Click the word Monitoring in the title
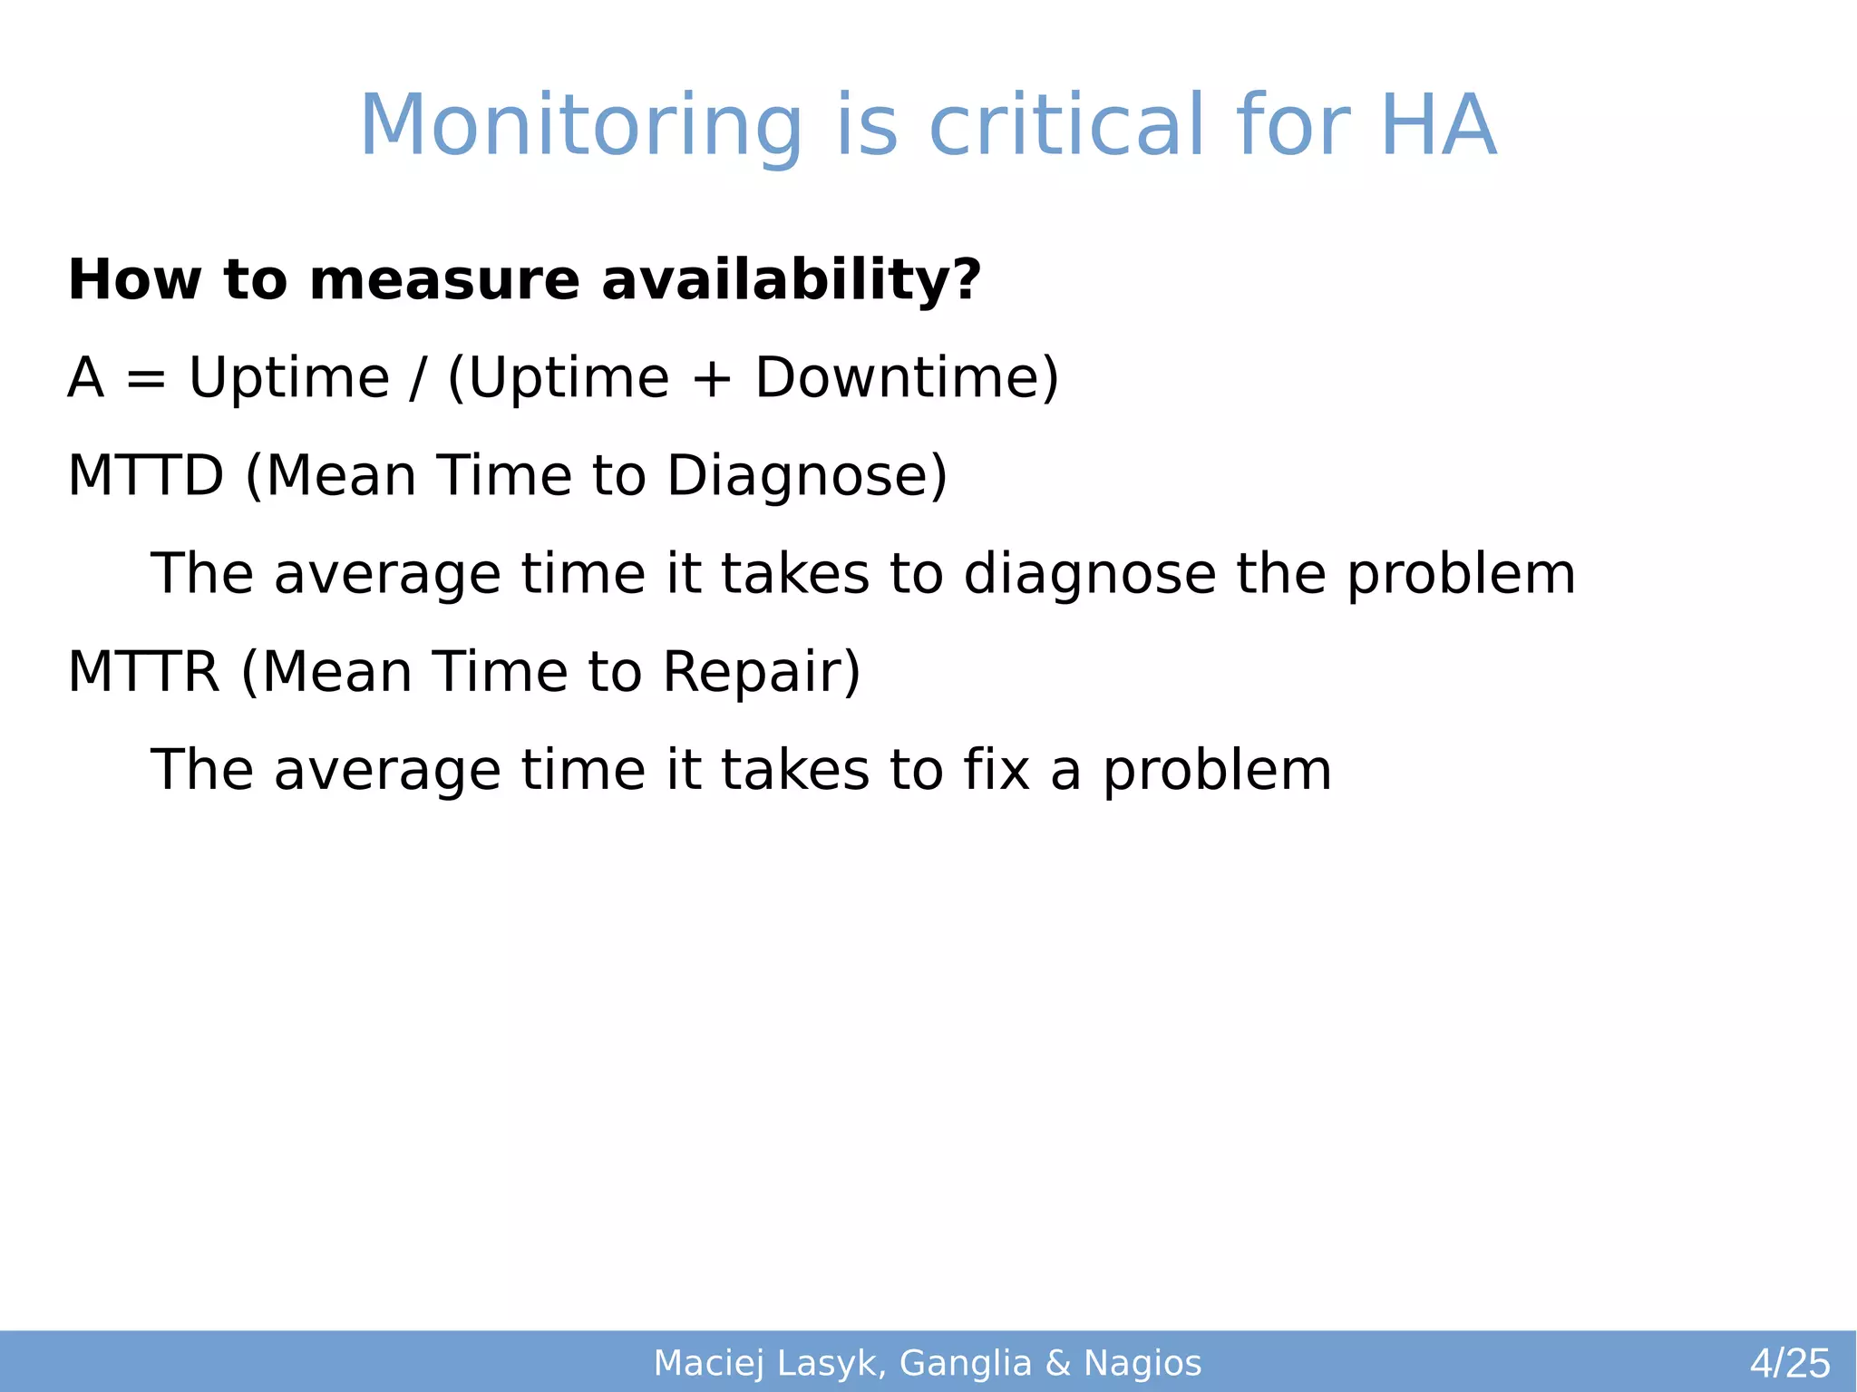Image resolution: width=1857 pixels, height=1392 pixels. tap(580, 127)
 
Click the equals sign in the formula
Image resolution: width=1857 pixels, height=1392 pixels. tap(146, 379)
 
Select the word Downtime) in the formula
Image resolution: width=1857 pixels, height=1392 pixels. tap(907, 377)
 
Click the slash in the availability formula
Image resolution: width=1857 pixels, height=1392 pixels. tap(416, 379)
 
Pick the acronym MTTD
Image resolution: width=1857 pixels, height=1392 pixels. tap(146, 475)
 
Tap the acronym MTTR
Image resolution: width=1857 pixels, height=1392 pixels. tap(144, 672)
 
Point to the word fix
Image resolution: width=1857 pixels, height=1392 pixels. tap(996, 770)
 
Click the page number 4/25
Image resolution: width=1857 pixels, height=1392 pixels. tap(1789, 1364)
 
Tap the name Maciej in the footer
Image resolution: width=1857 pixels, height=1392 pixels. tap(709, 1364)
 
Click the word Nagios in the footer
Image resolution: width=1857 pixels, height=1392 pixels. tap(1142, 1364)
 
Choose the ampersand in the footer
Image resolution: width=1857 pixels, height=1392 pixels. tap(1057, 1364)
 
